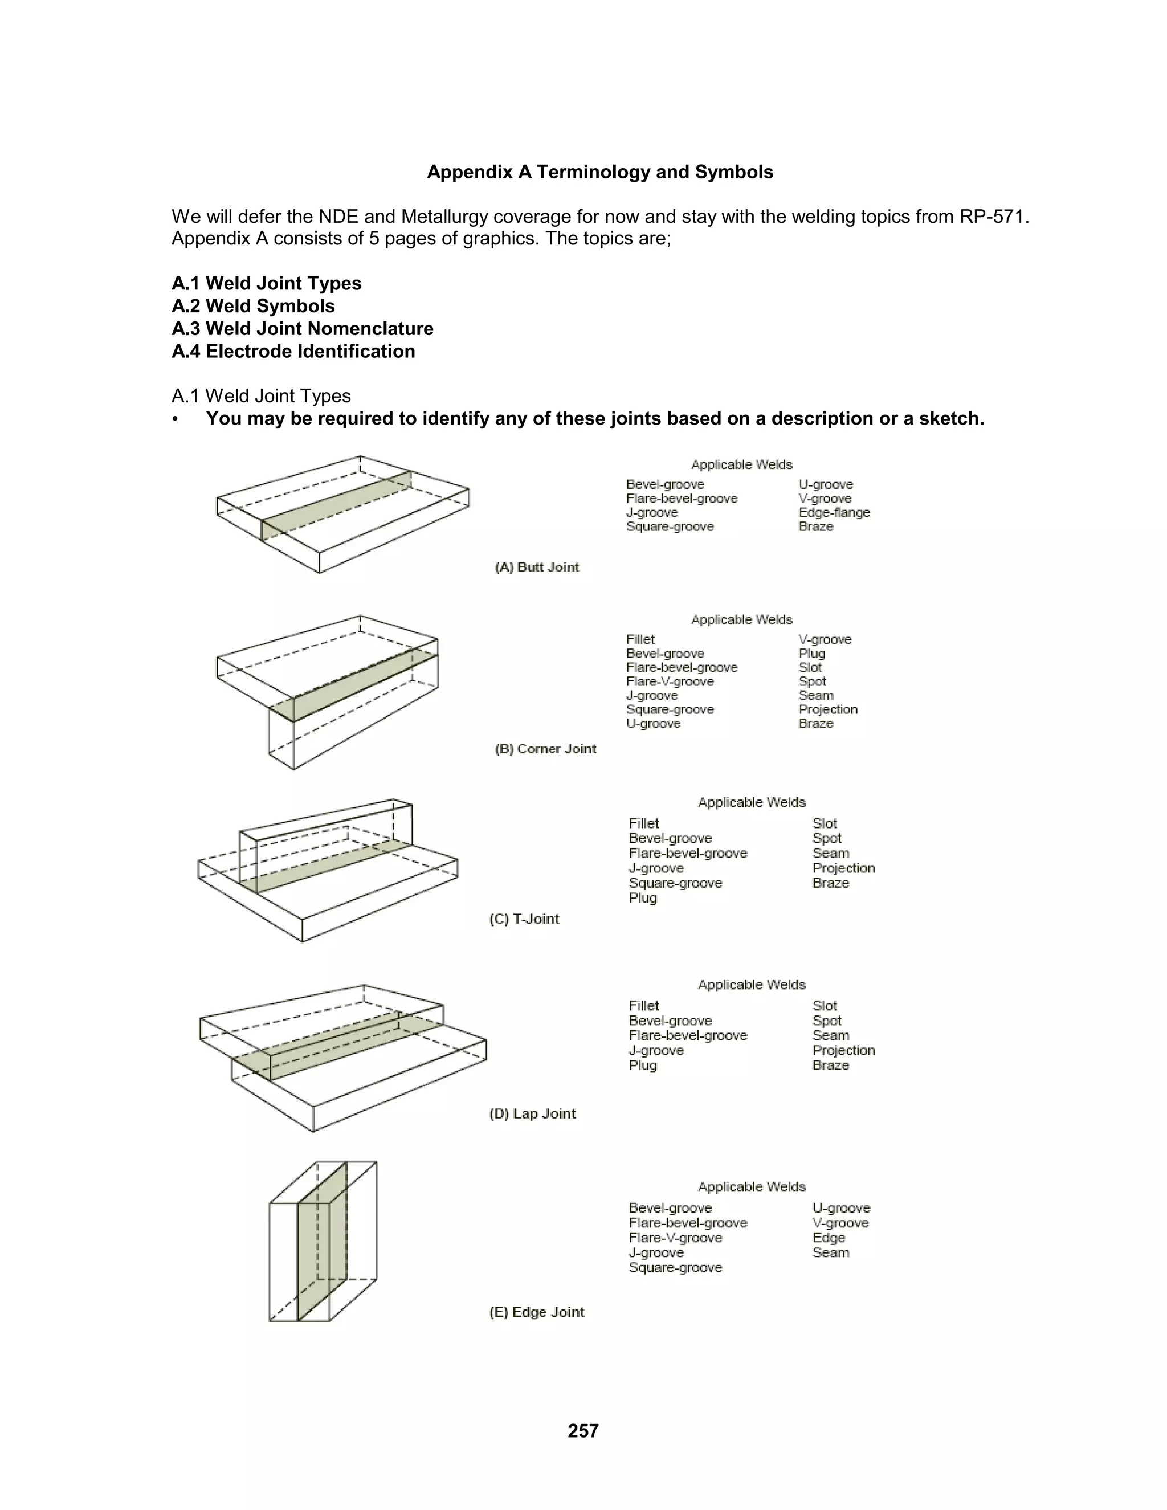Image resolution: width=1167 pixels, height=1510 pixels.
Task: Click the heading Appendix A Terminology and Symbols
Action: tap(599, 172)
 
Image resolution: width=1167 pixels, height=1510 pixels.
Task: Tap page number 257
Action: tap(583, 1430)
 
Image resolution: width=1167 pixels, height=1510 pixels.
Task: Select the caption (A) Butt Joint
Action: tap(537, 567)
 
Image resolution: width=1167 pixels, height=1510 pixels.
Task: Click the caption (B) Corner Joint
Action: tap(545, 749)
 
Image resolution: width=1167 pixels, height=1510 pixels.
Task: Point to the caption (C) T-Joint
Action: tap(524, 919)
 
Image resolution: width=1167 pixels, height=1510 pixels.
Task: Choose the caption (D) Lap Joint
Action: tap(532, 1113)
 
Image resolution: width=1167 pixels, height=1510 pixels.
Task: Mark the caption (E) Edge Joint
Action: tap(536, 1312)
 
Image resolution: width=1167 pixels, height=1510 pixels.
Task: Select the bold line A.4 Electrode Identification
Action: tap(293, 351)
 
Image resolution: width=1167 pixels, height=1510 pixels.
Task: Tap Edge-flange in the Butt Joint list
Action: tap(834, 512)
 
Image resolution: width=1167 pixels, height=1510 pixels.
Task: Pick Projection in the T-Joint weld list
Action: tap(843, 868)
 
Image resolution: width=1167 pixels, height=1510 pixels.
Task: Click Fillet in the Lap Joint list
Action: tap(644, 1005)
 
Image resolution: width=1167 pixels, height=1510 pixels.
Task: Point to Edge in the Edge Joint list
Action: tap(828, 1238)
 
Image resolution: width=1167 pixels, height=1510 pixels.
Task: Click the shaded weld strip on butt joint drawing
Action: tap(336, 505)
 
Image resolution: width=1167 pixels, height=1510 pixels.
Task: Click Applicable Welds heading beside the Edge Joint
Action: tap(752, 1186)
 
